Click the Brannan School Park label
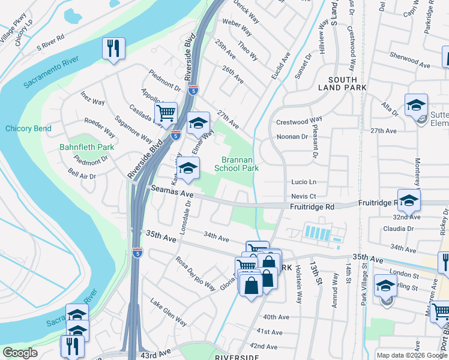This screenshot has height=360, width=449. click(x=240, y=164)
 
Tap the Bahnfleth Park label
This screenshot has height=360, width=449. click(x=86, y=146)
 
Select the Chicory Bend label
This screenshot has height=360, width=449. click(x=28, y=128)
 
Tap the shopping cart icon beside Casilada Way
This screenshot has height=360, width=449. click(x=166, y=112)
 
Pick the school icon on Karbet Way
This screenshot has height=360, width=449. click(x=188, y=169)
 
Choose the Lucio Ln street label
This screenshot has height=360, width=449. click(x=303, y=182)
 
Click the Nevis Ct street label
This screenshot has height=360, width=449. click(x=303, y=196)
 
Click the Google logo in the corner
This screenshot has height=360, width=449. click(x=20, y=353)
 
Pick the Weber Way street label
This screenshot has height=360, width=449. click(x=237, y=27)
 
